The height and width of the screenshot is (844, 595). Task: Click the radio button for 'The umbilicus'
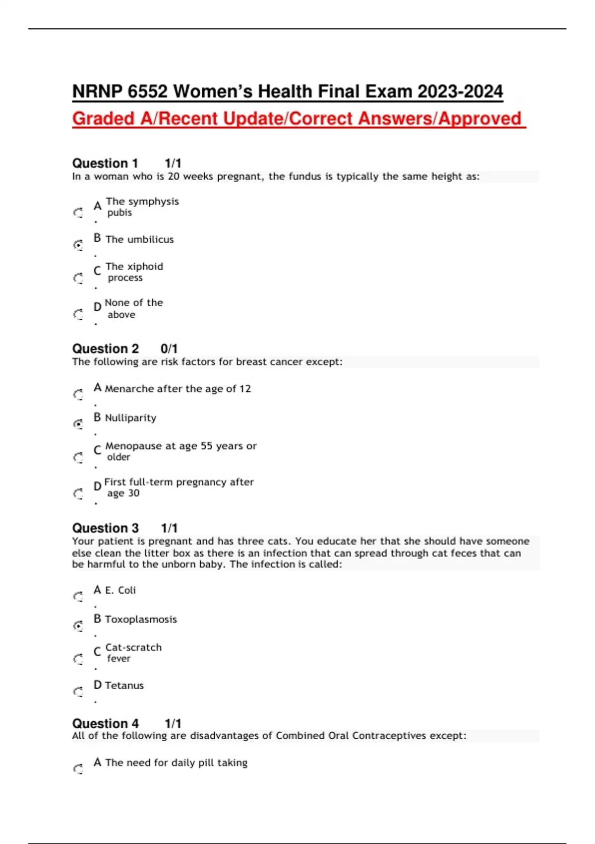(78, 245)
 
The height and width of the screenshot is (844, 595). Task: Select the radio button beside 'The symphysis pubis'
(78, 213)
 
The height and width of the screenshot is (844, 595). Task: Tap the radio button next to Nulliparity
(78, 424)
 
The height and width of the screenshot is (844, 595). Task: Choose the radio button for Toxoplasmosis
(78, 626)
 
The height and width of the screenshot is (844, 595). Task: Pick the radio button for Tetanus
(78, 692)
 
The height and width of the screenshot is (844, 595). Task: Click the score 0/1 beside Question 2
(169, 349)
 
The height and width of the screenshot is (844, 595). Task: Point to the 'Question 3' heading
(105, 528)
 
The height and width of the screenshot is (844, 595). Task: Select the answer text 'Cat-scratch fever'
(133, 653)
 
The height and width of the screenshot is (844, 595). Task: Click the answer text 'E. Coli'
(120, 590)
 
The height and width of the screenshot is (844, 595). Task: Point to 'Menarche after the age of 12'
(178, 389)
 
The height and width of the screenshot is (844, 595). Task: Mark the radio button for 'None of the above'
(78, 314)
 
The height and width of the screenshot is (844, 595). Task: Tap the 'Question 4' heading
(105, 723)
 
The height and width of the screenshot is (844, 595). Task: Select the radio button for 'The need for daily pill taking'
(78, 769)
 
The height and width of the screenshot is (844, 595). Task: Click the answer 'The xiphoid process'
(134, 272)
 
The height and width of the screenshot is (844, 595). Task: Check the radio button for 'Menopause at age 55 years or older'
(78, 457)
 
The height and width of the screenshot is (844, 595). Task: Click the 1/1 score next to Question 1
(173, 163)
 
